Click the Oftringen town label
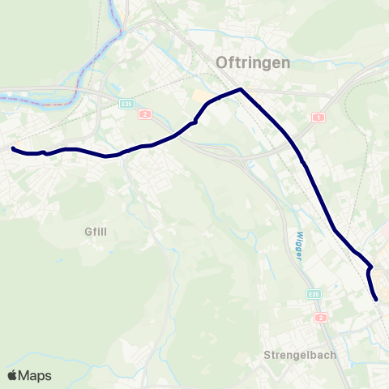click(x=253, y=62)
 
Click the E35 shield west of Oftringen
click(x=126, y=104)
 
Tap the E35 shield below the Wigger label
click(x=314, y=294)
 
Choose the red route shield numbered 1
click(x=318, y=118)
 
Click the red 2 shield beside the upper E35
click(x=143, y=114)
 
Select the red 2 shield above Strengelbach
click(x=322, y=317)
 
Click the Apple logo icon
click(x=13, y=375)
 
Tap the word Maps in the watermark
click(x=36, y=375)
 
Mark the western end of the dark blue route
click(x=12, y=148)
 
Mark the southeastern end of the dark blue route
click(x=377, y=300)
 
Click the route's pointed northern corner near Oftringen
click(x=241, y=88)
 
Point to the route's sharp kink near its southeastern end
click(x=371, y=266)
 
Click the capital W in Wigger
click(x=293, y=232)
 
